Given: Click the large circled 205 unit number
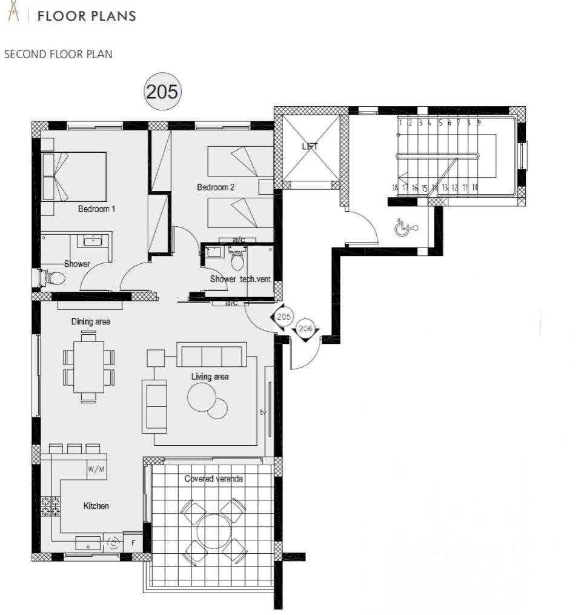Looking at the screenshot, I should (162, 92).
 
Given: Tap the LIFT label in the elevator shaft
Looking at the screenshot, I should (310, 147).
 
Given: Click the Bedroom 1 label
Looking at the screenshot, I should (96, 209).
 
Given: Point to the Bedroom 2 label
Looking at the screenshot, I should (215, 187).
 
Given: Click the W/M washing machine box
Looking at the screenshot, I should (96, 469).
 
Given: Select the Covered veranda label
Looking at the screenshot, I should (213, 479).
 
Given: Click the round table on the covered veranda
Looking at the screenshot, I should (213, 531).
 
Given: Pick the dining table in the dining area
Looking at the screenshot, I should (88, 367).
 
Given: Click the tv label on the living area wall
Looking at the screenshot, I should (263, 412).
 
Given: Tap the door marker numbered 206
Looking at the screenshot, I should (306, 328).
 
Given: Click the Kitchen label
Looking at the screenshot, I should (96, 505).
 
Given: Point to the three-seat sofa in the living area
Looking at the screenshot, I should (211, 355).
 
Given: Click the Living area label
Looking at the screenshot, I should (210, 377).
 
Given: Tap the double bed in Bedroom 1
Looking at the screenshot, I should (74, 176).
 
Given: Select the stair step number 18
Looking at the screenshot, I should (395, 188).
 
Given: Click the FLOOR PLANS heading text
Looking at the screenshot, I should (87, 16).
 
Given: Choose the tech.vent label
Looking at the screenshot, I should (257, 279).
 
